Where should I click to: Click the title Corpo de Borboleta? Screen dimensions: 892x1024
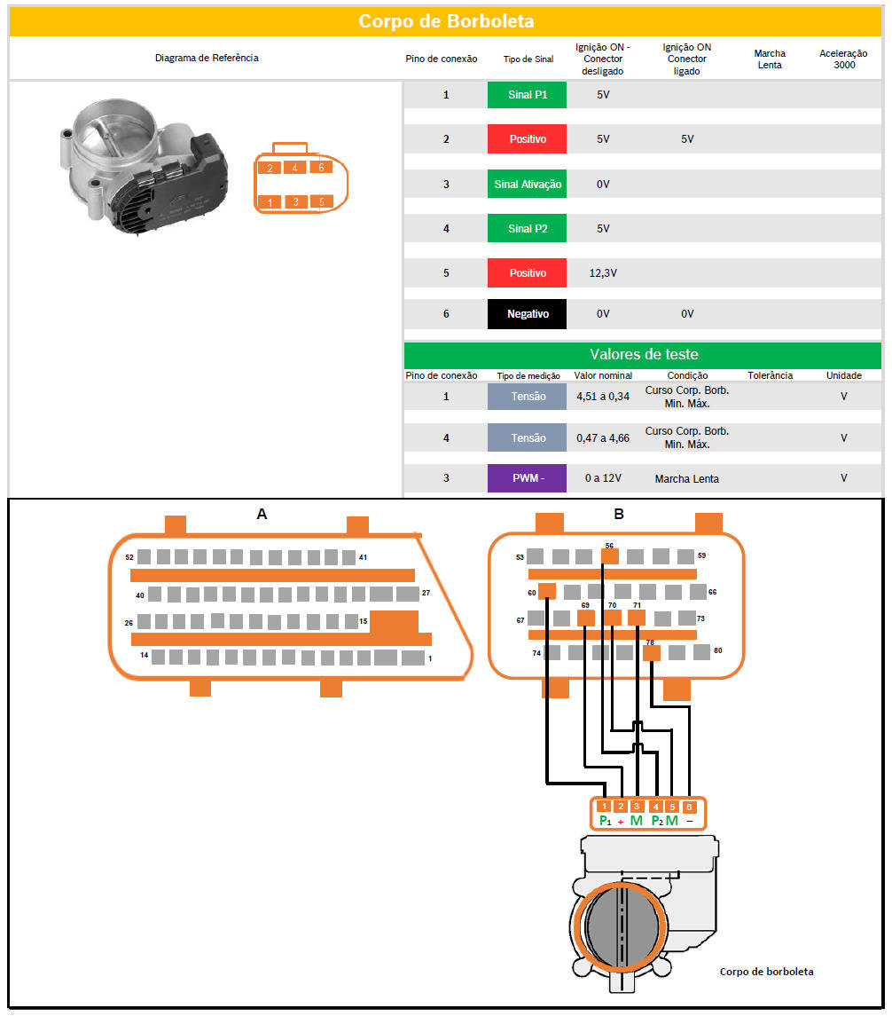point(446,21)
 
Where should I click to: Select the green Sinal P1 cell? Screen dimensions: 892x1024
point(527,95)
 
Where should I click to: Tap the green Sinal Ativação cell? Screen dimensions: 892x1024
point(527,185)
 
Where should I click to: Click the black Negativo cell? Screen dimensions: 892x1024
point(527,314)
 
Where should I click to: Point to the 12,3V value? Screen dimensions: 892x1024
point(603,273)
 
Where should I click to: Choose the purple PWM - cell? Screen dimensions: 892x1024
point(527,478)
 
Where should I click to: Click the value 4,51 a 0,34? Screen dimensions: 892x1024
point(603,397)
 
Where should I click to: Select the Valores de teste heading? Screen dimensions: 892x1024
point(644,355)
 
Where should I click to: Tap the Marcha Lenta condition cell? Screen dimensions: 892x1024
point(686,478)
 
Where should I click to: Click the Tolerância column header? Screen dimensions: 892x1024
point(770,375)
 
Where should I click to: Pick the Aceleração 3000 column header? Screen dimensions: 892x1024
point(844,59)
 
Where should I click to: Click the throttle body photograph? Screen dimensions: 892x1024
point(144,167)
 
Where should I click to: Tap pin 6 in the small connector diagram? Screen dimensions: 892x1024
point(321,167)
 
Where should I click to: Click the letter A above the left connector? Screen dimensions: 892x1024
point(262,515)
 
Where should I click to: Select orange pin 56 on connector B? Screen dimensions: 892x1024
point(609,556)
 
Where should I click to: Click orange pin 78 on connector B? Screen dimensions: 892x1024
point(651,652)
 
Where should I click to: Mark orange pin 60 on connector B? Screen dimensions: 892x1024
point(547,591)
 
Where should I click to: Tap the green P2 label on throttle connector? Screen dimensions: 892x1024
point(657,821)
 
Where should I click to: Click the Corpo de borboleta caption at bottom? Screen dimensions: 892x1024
point(767,972)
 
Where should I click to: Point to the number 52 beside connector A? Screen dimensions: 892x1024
point(129,558)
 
